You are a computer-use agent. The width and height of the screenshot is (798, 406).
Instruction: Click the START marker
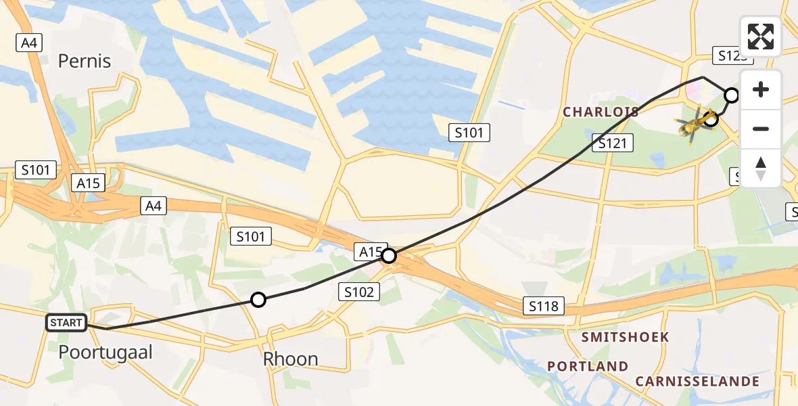coord(66,323)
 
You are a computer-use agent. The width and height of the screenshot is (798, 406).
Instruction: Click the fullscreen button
coord(761,37)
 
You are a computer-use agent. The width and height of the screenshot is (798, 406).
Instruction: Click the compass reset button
coord(761,168)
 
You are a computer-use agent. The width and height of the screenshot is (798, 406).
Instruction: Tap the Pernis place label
coord(85,62)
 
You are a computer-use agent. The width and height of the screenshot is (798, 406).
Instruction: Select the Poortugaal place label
coord(105,352)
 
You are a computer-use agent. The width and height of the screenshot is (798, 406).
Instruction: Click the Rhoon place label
coord(291,359)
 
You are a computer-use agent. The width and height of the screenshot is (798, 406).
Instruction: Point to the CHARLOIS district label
coord(601,112)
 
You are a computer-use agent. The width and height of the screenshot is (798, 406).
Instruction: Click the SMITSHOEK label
coord(626,337)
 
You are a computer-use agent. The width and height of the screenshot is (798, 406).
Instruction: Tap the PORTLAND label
coord(588,366)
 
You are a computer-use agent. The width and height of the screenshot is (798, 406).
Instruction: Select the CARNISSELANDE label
coord(697,381)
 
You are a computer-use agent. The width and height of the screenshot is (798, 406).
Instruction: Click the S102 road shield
coord(359,292)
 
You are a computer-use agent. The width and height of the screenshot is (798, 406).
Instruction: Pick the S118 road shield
coord(544,307)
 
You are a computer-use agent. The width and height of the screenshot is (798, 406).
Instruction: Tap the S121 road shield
coord(613,143)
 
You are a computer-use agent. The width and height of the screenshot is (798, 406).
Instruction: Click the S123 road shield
coord(730,56)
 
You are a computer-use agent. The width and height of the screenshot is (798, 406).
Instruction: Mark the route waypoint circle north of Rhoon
coord(258,300)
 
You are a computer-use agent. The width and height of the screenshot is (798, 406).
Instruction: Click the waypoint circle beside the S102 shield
coord(389,256)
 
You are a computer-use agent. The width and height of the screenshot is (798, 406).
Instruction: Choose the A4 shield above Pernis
coord(29,43)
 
